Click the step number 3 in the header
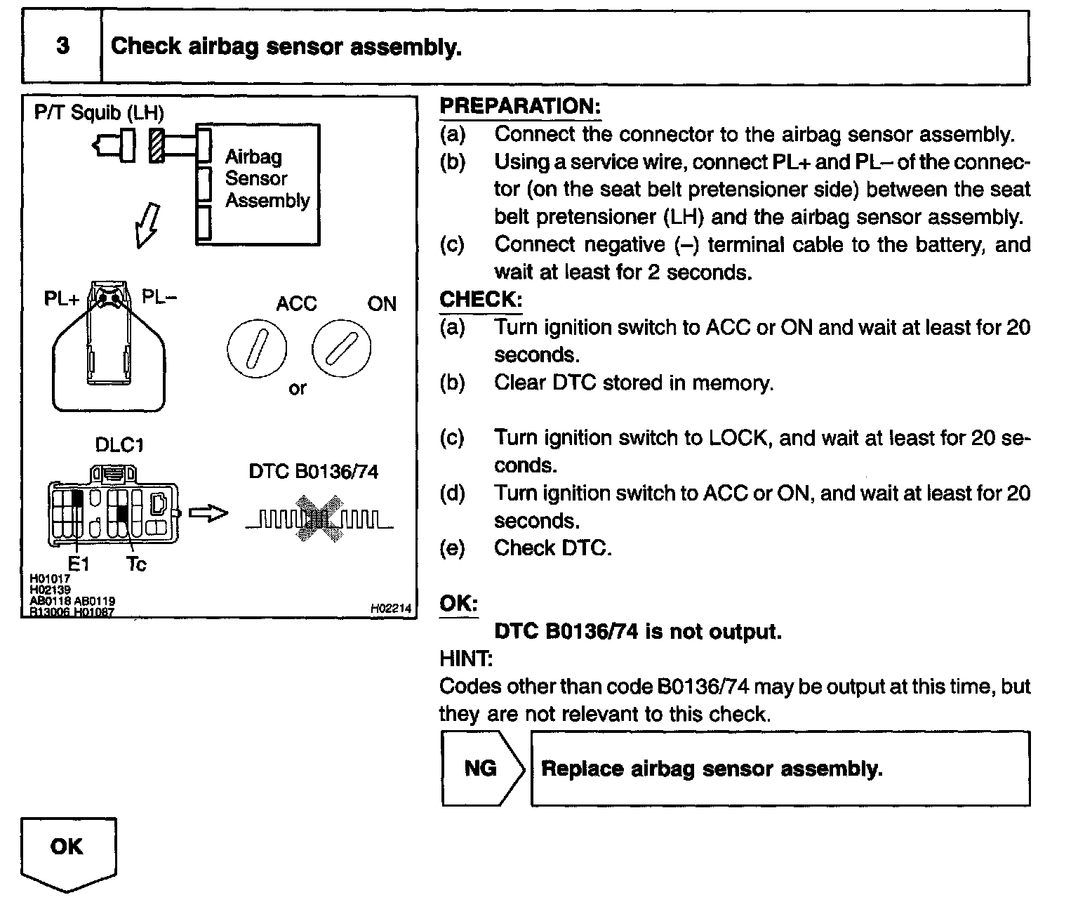tap(62, 46)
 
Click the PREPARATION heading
tap(520, 107)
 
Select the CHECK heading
tap(481, 300)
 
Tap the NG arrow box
tap(482, 768)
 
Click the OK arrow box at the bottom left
tap(67, 851)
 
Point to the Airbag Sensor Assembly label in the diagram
tap(266, 178)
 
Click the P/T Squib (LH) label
tap(99, 113)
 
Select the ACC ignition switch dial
tap(256, 348)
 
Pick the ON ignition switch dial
tap(341, 348)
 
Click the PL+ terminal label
tap(62, 299)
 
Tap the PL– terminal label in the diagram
tap(159, 298)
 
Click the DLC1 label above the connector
tap(119, 445)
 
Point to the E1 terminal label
tap(77, 564)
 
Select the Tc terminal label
tap(135, 564)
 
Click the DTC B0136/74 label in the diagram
tap(313, 471)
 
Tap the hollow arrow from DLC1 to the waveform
tap(210, 514)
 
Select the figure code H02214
tap(390, 609)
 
